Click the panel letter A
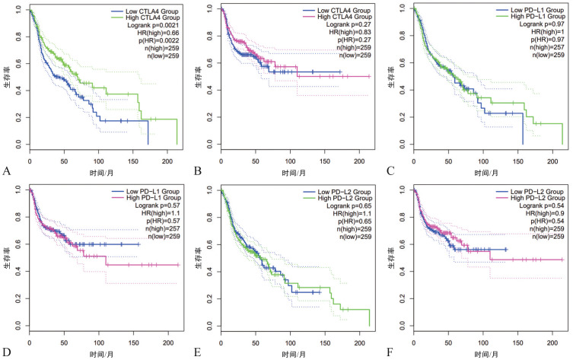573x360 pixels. coord(7,170)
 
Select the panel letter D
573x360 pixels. coord(7,352)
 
